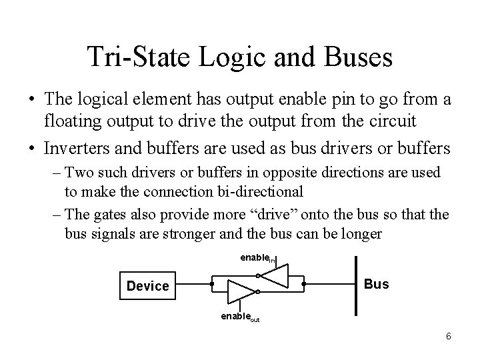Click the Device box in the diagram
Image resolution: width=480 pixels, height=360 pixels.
pos(148,285)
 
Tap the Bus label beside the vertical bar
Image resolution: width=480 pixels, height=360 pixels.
pos(377,284)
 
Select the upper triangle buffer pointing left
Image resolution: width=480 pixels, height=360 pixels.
pos(275,276)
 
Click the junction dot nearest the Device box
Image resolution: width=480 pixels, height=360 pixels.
pos(211,285)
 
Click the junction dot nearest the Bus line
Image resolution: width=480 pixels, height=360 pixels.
pos(303,285)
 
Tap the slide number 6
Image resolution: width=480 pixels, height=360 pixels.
pos(448,336)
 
